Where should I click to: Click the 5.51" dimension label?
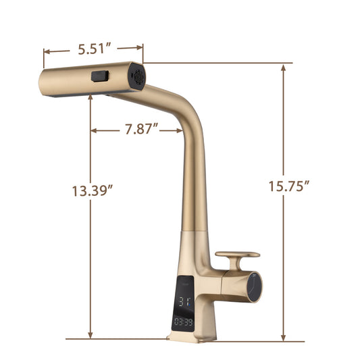point(95,49)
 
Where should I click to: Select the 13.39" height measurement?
point(92,190)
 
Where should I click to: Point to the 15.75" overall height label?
point(286,186)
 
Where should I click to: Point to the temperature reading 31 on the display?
point(185,301)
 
